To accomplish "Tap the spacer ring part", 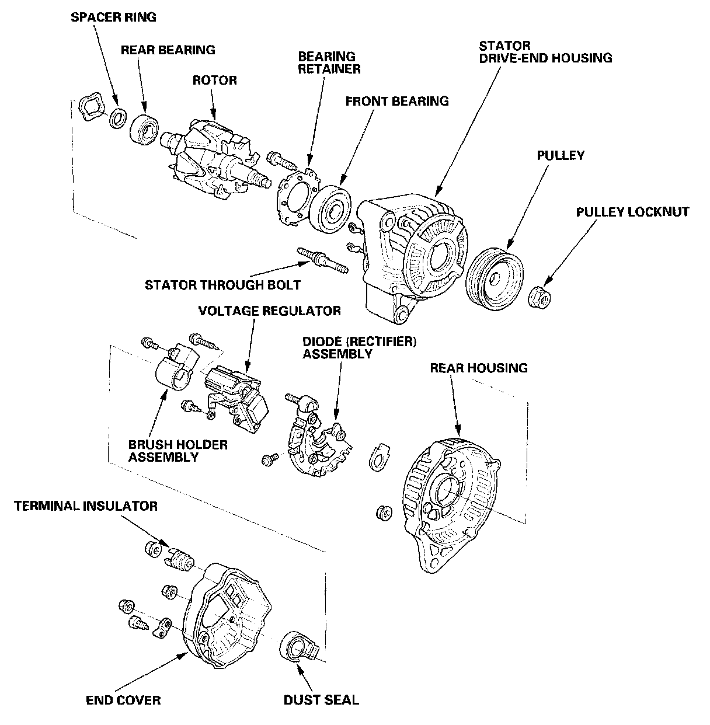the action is point(118,117).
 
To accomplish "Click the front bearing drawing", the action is point(330,209).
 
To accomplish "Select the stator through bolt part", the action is point(323,260).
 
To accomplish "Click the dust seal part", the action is point(300,645).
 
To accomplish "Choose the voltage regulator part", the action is point(236,399).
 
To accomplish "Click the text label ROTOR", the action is point(215,80).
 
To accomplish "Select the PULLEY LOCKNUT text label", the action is point(632,212).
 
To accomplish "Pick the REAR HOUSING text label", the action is point(478,368).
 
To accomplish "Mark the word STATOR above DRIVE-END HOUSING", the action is point(504,46).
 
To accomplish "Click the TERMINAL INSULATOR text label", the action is point(86,506).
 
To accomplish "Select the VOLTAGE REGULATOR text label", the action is point(270,311).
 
